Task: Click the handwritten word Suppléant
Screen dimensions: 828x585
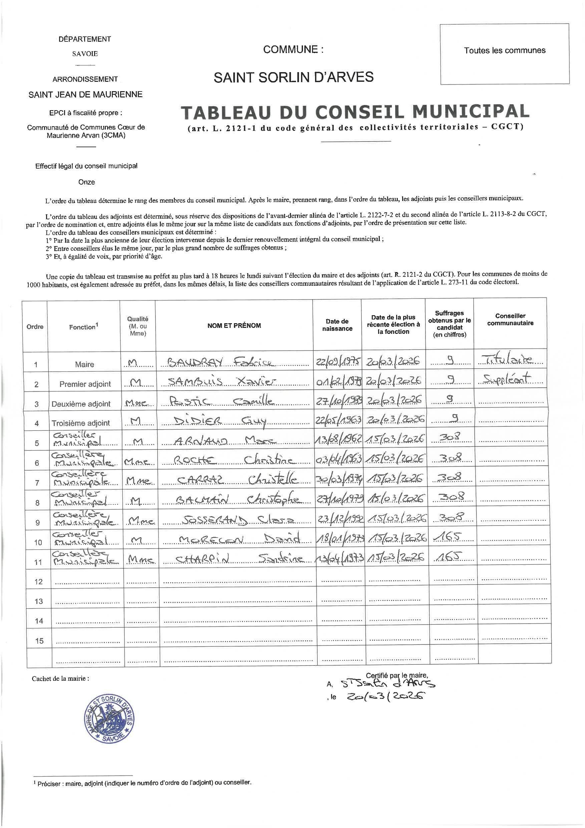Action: click(x=507, y=379)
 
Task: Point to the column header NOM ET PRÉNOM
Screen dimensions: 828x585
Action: click(x=234, y=325)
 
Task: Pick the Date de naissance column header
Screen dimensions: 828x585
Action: click(x=337, y=325)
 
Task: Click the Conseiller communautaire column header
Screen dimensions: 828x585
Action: click(x=510, y=320)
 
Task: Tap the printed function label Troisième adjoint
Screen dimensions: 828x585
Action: click(x=81, y=423)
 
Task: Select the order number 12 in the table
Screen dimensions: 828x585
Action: click(x=39, y=581)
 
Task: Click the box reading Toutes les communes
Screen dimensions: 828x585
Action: click(x=504, y=50)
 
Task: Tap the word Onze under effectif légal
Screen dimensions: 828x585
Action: click(x=86, y=182)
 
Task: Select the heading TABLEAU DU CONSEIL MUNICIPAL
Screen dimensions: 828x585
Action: click(x=355, y=112)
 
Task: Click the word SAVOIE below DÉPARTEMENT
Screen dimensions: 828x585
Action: click(x=85, y=54)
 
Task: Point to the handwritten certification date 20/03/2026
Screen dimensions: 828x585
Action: click(x=384, y=697)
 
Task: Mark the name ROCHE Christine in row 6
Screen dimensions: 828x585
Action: click(x=234, y=460)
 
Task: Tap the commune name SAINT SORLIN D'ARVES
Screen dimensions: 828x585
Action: click(x=293, y=77)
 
